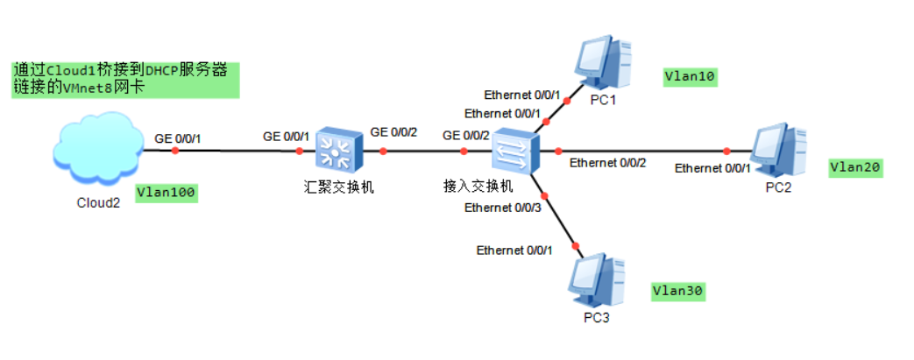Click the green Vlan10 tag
point(691,77)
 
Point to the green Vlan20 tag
point(856,166)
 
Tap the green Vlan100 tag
point(167,192)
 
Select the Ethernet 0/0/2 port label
point(607,163)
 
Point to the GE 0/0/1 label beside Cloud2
point(179,138)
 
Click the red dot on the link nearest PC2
point(726,151)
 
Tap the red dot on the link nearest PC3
point(577,246)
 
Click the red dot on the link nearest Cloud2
point(175,151)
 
